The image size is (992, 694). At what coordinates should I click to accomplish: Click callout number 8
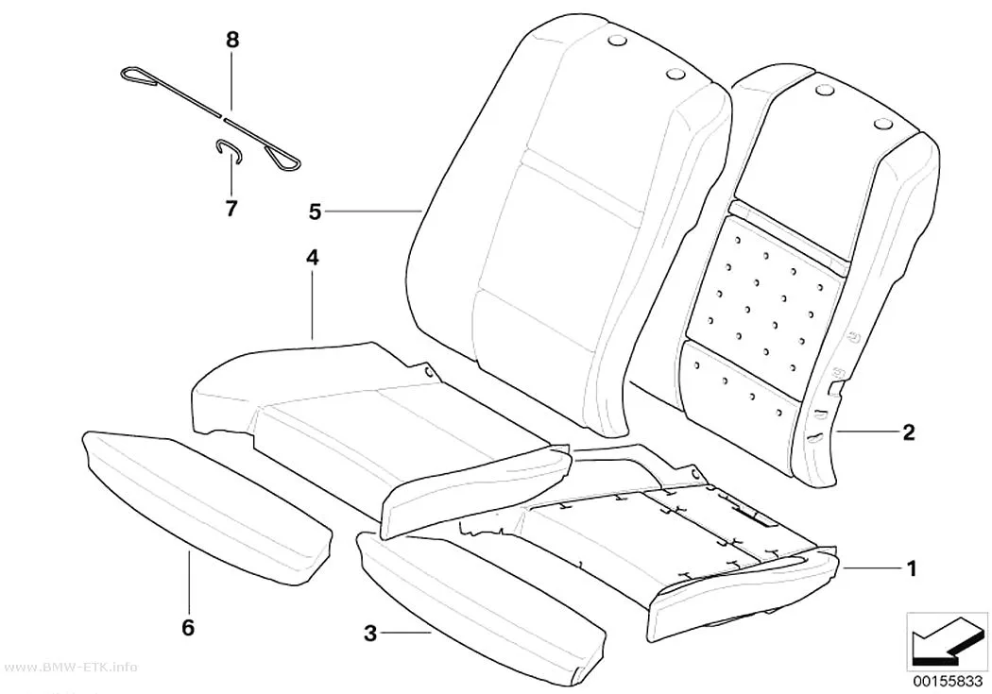click(232, 41)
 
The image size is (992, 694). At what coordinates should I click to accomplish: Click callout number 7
click(231, 208)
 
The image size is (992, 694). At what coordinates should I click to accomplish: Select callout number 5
click(315, 212)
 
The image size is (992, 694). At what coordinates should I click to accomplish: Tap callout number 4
click(313, 257)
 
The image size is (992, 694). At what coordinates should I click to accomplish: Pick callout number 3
click(370, 633)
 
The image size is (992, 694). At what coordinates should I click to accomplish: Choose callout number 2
click(909, 432)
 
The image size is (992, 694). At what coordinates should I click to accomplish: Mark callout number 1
click(912, 568)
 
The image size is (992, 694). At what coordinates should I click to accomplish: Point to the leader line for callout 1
click(871, 568)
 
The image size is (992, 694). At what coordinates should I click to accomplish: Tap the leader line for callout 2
click(866, 432)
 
